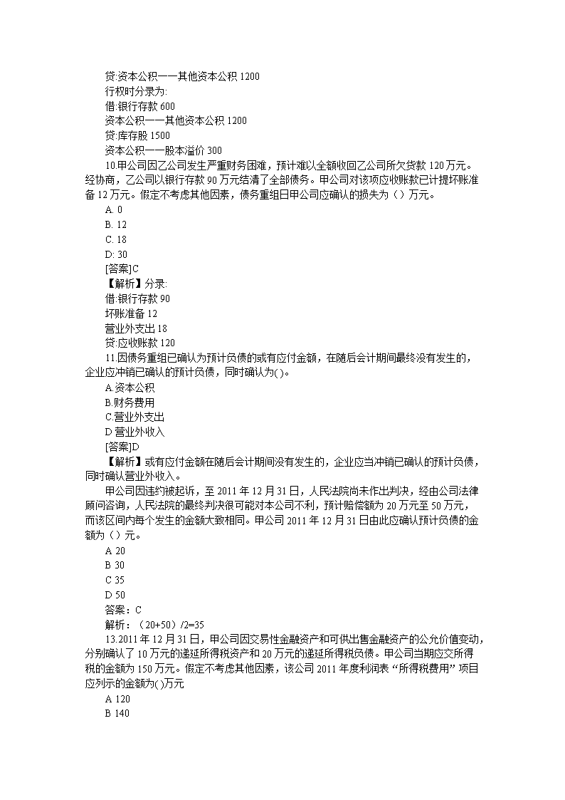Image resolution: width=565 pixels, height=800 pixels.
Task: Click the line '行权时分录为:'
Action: (136, 91)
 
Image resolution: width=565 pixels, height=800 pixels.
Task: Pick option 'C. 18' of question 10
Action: (115, 239)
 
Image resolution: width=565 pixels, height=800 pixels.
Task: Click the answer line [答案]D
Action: (122, 447)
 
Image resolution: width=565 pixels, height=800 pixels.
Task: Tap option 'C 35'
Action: (115, 580)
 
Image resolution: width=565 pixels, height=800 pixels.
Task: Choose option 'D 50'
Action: (115, 595)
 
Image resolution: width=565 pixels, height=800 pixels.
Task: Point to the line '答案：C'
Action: (123, 609)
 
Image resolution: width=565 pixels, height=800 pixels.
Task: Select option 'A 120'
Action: (117, 699)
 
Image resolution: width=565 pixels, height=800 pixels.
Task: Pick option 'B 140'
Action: (117, 714)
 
